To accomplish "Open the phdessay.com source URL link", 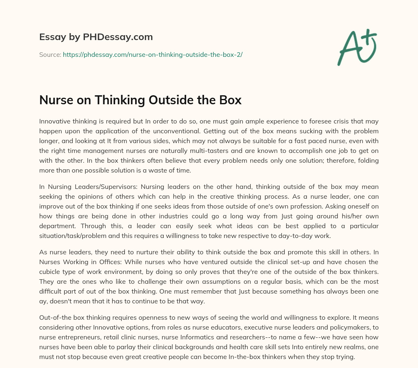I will tap(153, 54).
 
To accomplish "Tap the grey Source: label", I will tap(50, 54).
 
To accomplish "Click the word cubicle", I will tap(51, 272).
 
